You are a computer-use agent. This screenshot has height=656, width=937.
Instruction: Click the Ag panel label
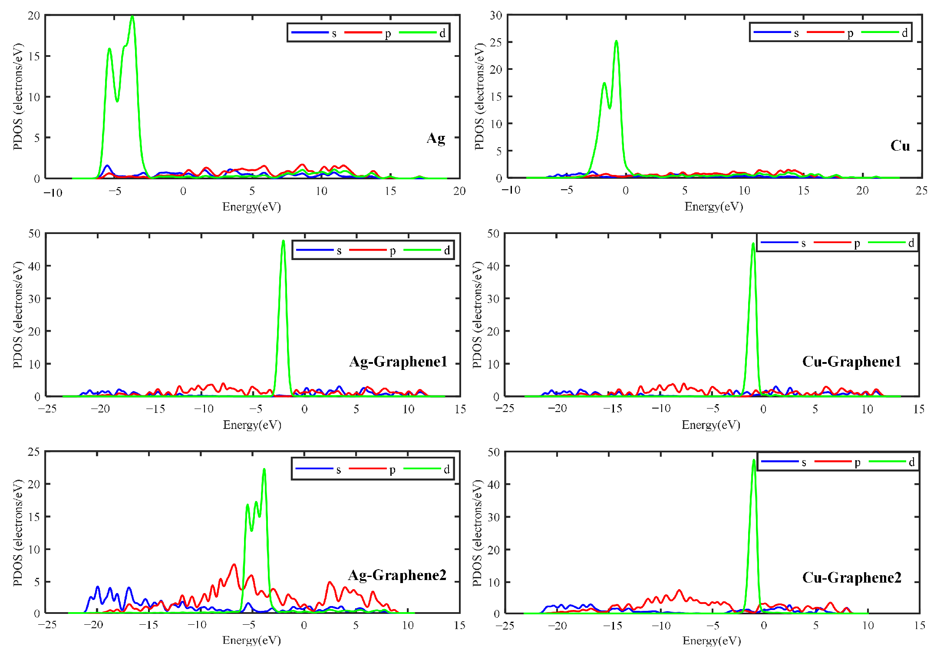pyautogui.click(x=436, y=138)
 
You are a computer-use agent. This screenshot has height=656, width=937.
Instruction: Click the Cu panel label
pyautogui.click(x=900, y=145)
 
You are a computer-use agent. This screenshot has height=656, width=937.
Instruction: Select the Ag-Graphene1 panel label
pyautogui.click(x=398, y=361)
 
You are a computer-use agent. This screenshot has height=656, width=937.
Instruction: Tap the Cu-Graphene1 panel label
pyautogui.click(x=851, y=361)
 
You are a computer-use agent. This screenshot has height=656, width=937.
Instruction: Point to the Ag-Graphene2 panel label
pyautogui.click(x=397, y=575)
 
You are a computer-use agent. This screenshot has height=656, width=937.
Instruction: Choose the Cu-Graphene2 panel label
pyautogui.click(x=851, y=577)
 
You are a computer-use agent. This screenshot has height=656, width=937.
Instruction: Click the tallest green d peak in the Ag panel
pyautogui.click(x=132, y=17)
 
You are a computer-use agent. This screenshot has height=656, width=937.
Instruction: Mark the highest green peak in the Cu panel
pyautogui.click(x=616, y=42)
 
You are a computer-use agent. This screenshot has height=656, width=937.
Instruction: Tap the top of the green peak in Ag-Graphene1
pyautogui.click(x=283, y=241)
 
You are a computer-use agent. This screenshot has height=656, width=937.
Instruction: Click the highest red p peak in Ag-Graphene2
pyautogui.click(x=234, y=564)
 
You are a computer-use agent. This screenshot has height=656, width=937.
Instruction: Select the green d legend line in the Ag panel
pyautogui.click(x=417, y=33)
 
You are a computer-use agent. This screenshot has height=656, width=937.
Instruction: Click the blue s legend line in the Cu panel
pyautogui.click(x=772, y=33)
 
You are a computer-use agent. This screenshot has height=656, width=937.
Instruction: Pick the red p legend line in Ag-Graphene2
pyautogui.click(x=367, y=468)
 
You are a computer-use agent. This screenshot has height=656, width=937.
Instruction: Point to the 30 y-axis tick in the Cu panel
pyautogui.click(x=496, y=16)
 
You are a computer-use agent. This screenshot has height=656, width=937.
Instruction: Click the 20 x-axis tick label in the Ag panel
pyautogui.click(x=459, y=191)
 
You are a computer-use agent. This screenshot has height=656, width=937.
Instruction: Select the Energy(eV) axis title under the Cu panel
pyautogui.click(x=713, y=207)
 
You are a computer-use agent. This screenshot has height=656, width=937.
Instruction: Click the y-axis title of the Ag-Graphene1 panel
pyautogui.click(x=17, y=315)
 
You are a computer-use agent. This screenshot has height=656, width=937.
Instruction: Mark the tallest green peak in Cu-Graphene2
pyautogui.click(x=753, y=460)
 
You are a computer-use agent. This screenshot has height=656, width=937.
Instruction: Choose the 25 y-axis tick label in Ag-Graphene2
pyautogui.click(x=34, y=452)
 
